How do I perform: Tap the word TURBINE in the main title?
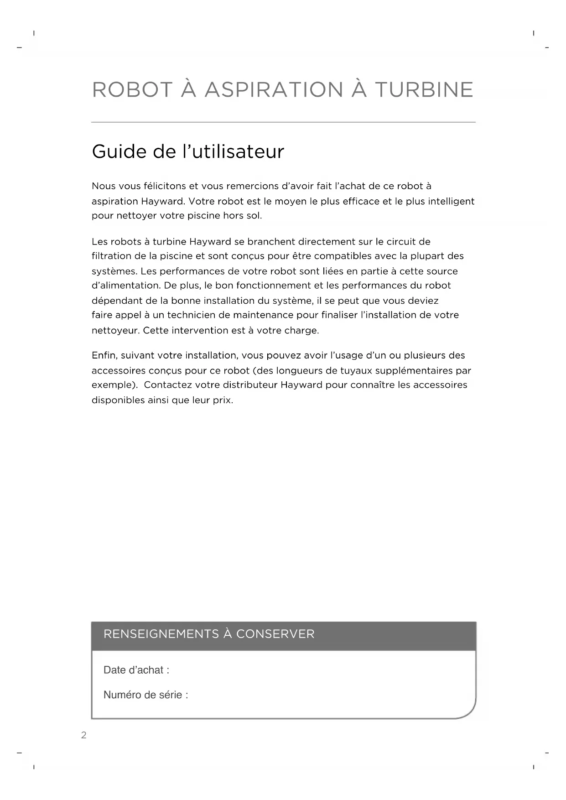point(424,89)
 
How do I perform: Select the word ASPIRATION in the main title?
point(274,89)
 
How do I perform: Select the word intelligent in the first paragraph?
point(451,201)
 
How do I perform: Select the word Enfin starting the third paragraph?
point(104,355)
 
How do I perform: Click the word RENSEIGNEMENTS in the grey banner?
point(161,634)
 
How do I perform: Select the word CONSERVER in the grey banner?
point(275,634)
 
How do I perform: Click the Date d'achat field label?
point(136,670)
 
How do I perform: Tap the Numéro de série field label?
point(145,695)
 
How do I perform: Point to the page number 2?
point(83,735)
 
